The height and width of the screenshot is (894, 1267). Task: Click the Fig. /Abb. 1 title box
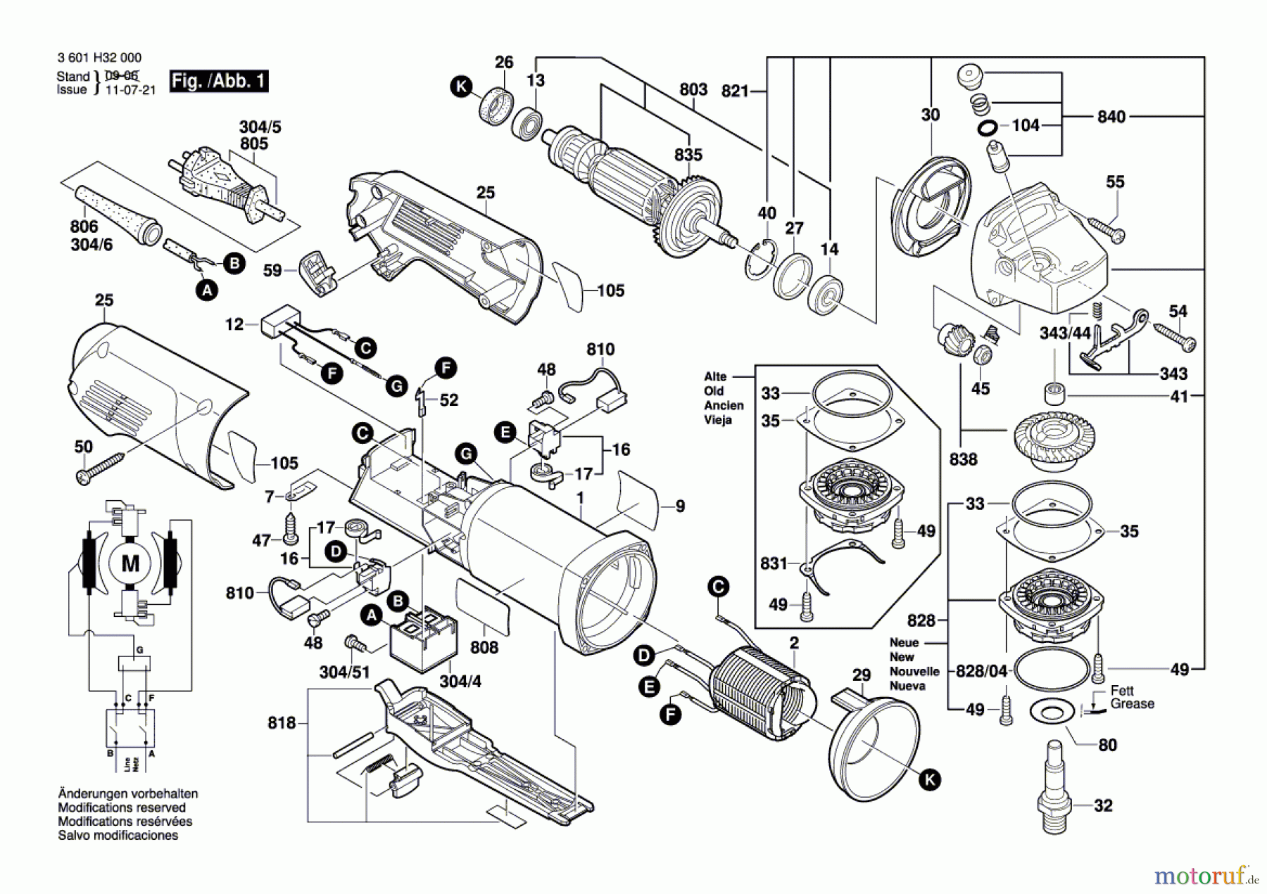click(x=219, y=82)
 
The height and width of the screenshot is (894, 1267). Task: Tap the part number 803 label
click(x=693, y=89)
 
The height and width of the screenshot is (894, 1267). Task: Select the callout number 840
click(x=1111, y=117)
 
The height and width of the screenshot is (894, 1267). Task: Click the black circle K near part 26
click(x=461, y=87)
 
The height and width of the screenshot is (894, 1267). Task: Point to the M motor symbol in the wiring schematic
click(x=131, y=563)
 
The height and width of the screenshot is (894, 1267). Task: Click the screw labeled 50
click(x=103, y=467)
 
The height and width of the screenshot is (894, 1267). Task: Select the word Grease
click(x=1132, y=704)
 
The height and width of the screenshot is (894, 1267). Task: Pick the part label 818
click(x=282, y=723)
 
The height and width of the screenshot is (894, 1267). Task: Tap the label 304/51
click(x=344, y=672)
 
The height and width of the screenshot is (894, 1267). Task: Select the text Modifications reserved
click(x=122, y=807)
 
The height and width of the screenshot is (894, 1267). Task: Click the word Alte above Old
click(x=715, y=377)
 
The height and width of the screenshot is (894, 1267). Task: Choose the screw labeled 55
click(x=1106, y=229)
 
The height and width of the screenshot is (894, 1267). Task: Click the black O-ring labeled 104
click(x=987, y=128)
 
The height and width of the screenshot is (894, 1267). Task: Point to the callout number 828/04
click(x=982, y=671)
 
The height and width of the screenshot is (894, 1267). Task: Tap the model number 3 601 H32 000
click(x=99, y=58)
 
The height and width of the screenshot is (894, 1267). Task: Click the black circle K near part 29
click(x=930, y=779)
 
